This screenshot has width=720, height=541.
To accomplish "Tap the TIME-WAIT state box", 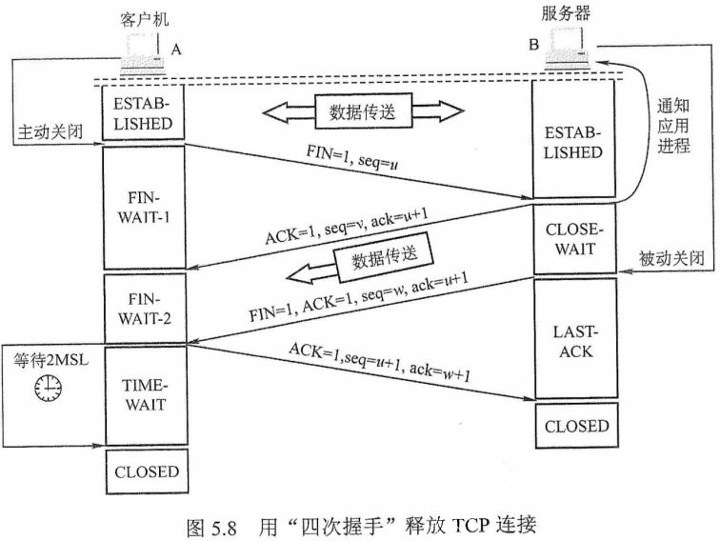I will coord(143,392).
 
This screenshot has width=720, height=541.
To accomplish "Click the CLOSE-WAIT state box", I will coord(570,239).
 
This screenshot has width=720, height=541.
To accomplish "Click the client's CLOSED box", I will coord(143,471).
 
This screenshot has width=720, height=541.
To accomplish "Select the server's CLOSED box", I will coord(570,426).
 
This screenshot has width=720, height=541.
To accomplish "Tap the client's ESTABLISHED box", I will coord(143,113).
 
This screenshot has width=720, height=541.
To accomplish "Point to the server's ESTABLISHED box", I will coord(570,141).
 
